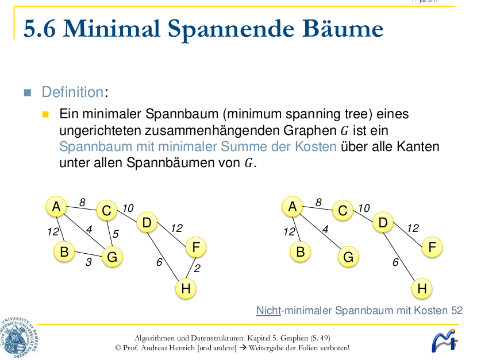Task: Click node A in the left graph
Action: [56, 206]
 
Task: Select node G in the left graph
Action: [112, 257]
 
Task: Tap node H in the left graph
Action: [185, 288]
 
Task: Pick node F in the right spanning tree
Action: [432, 247]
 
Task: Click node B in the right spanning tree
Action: [300, 251]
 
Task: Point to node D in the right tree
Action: [383, 222]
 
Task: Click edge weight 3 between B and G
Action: [89, 262]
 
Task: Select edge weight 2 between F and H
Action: [197, 268]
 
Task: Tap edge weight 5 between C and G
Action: [115, 234]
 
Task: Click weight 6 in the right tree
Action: [395, 262]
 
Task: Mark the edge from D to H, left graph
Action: [166, 256]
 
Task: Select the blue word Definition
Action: [72, 92]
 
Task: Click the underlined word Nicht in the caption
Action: [268, 311]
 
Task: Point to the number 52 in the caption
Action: [456, 311]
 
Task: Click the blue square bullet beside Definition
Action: [27, 92]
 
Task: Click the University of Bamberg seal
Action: [19, 339]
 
